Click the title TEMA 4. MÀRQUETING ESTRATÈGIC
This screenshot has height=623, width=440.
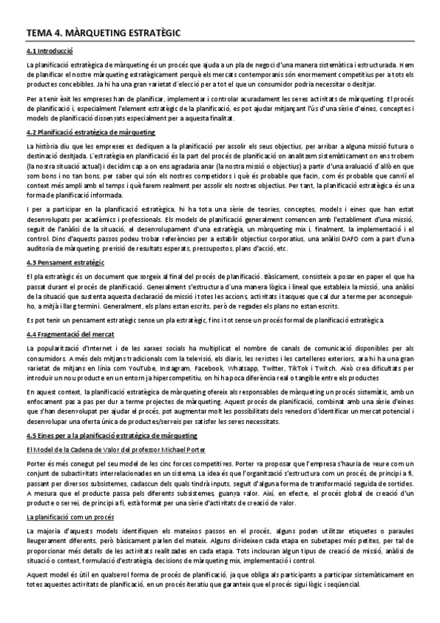click(102, 32)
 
